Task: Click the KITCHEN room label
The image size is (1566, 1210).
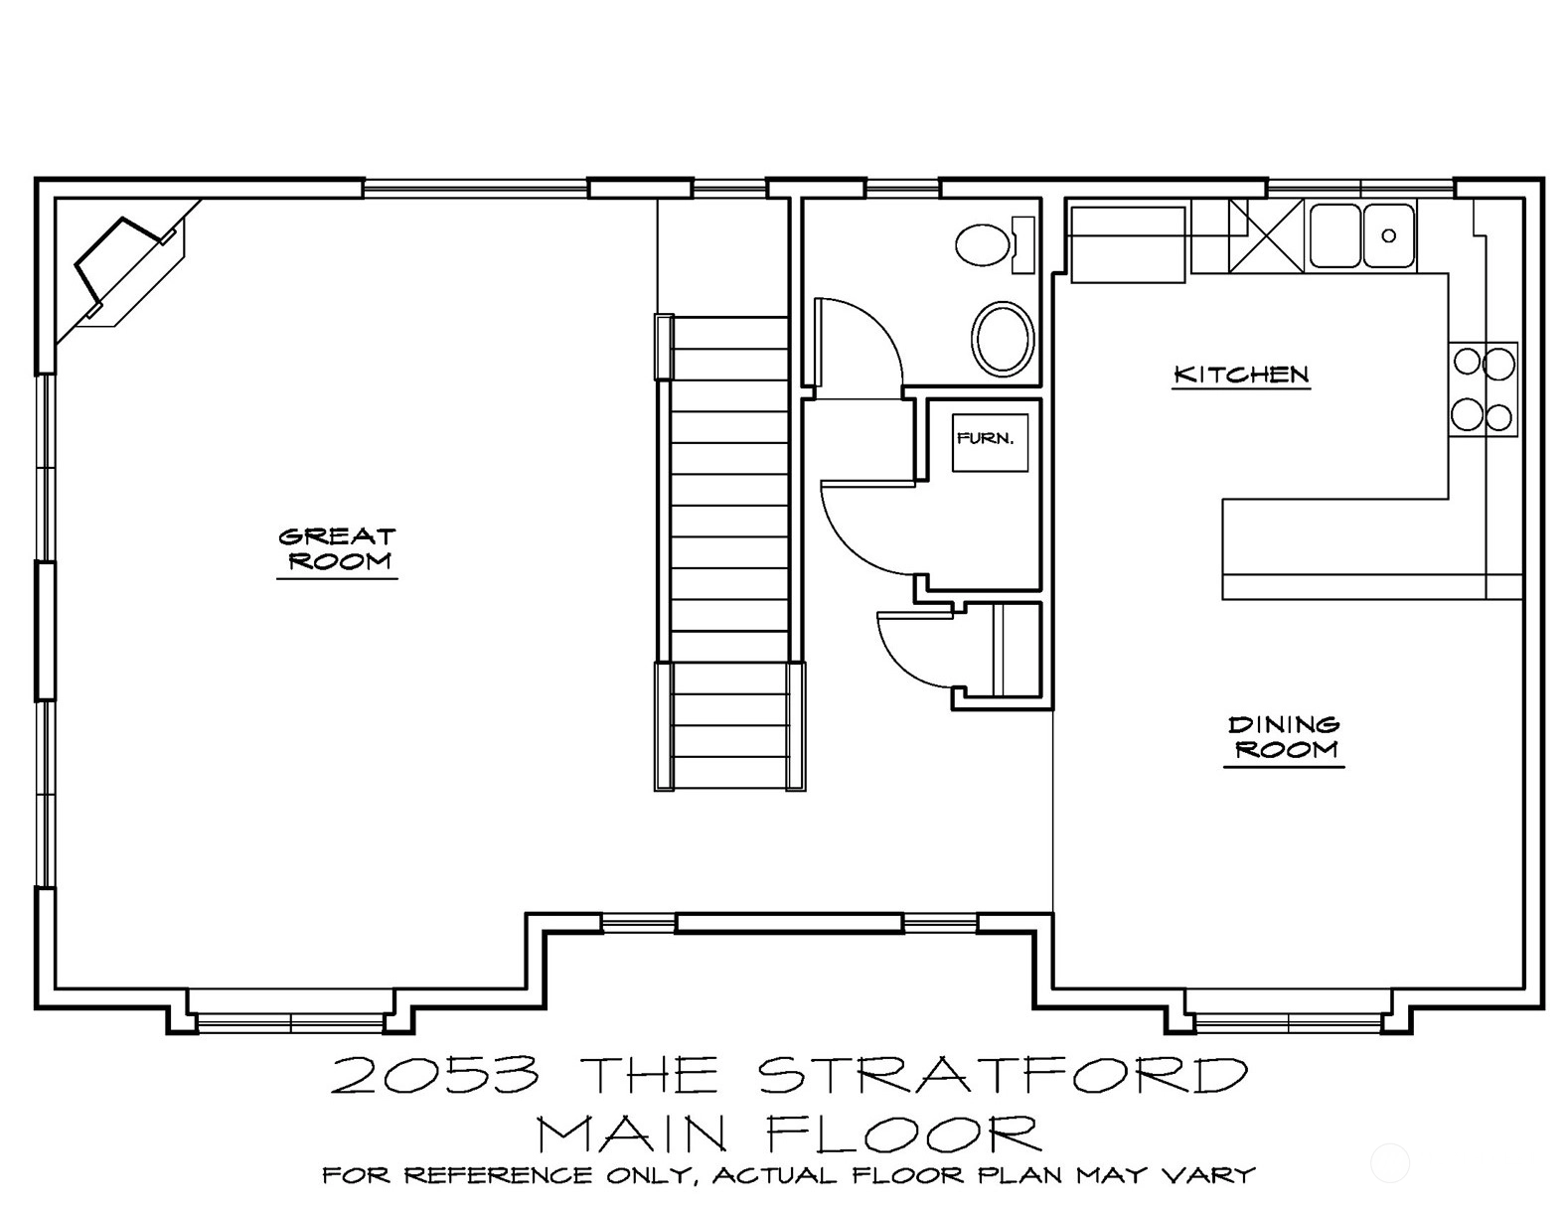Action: pos(1241,374)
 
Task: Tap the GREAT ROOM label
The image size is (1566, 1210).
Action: pos(337,548)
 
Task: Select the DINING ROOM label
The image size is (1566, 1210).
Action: pos(1284,737)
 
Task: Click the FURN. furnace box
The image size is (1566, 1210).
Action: pos(990,442)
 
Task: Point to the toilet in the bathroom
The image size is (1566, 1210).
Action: pos(995,244)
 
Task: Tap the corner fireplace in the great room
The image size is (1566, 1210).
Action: pos(122,266)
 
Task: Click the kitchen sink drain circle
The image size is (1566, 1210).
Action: pos(1389,235)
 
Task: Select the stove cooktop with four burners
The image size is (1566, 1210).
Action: pos(1484,389)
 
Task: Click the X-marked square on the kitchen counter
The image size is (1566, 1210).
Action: pos(1266,236)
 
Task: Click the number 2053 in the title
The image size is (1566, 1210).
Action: pos(435,1075)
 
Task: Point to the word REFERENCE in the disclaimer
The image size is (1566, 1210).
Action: pos(497,1176)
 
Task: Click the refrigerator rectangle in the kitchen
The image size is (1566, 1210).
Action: pos(1128,244)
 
